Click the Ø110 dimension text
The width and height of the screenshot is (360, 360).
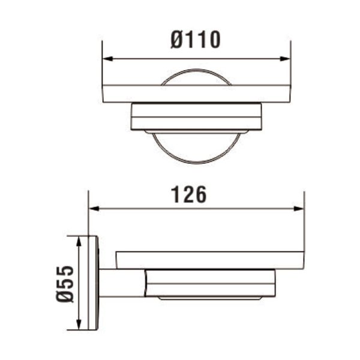pos(196,40)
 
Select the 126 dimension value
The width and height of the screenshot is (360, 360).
pos(189,194)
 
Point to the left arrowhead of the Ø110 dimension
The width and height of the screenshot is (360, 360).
pos(107,59)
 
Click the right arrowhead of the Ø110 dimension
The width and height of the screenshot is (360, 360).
pos(286,59)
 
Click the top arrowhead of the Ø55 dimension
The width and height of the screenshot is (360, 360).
pos(78,239)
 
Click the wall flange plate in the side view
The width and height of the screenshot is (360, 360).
pos(93,283)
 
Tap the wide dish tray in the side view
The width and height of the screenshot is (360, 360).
pos(210,259)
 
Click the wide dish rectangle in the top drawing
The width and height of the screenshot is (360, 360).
pos(196,94)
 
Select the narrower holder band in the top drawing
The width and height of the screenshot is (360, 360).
pos(196,116)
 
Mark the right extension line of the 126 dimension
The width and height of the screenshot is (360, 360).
pos(304,222)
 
